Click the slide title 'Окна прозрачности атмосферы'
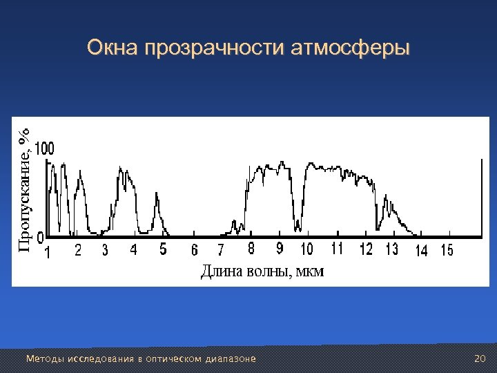tap(248, 48)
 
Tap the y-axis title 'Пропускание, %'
tap(24, 191)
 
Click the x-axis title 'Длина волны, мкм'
tap(262, 271)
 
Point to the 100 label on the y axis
tap(45, 149)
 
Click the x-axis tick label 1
tap(47, 251)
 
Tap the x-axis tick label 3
tap(105, 250)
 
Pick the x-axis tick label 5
tap(163, 249)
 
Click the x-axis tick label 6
tap(194, 250)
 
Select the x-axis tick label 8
tap(251, 249)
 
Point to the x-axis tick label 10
tap(306, 249)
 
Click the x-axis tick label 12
tap(366, 249)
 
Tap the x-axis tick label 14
tap(421, 251)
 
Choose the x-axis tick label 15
tap(447, 251)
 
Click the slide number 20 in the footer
tap(480, 358)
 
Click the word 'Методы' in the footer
tap(40, 359)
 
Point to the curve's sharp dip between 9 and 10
tap(298, 227)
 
